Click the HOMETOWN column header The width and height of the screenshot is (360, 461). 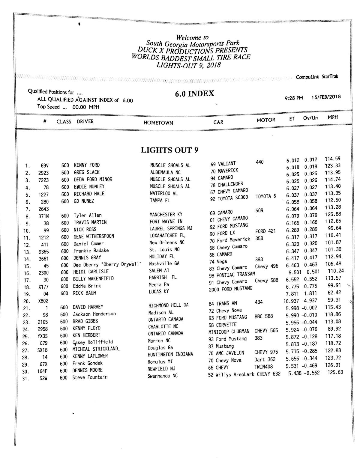tap(158, 123)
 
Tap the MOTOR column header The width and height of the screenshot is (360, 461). tap(266, 120)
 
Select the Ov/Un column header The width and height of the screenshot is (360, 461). tap(310, 118)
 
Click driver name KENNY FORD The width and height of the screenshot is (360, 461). tap(87, 165)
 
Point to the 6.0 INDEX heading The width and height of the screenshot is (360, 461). tap(194, 94)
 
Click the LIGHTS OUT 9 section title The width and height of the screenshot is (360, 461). tap(169, 150)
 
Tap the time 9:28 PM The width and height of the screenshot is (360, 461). tap(294, 98)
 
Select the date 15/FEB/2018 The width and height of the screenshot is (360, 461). tap(326, 97)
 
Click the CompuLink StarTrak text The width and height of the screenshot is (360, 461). tap(317, 77)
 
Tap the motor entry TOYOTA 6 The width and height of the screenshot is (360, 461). tap(266, 196)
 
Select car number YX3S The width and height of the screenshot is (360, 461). tap(43, 336)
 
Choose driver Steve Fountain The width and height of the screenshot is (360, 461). tap(90, 377)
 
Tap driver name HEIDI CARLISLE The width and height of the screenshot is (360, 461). tap(91, 272)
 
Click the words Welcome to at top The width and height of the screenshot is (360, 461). tap(192, 38)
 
